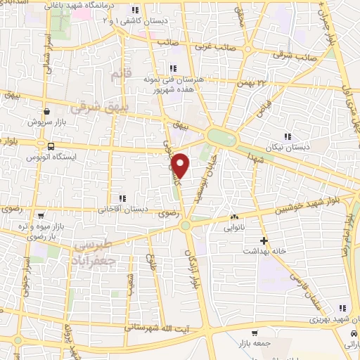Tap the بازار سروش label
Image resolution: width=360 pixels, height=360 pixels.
pyautogui.click(x=46, y=121)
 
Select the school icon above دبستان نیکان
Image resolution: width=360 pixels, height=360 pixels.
pyautogui.click(x=287, y=136)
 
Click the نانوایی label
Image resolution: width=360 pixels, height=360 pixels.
pyautogui.click(x=235, y=228)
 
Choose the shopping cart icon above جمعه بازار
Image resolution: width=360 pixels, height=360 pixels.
pyautogui.click(x=254, y=333)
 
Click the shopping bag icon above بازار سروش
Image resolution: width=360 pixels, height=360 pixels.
pyautogui.click(x=46, y=110)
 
